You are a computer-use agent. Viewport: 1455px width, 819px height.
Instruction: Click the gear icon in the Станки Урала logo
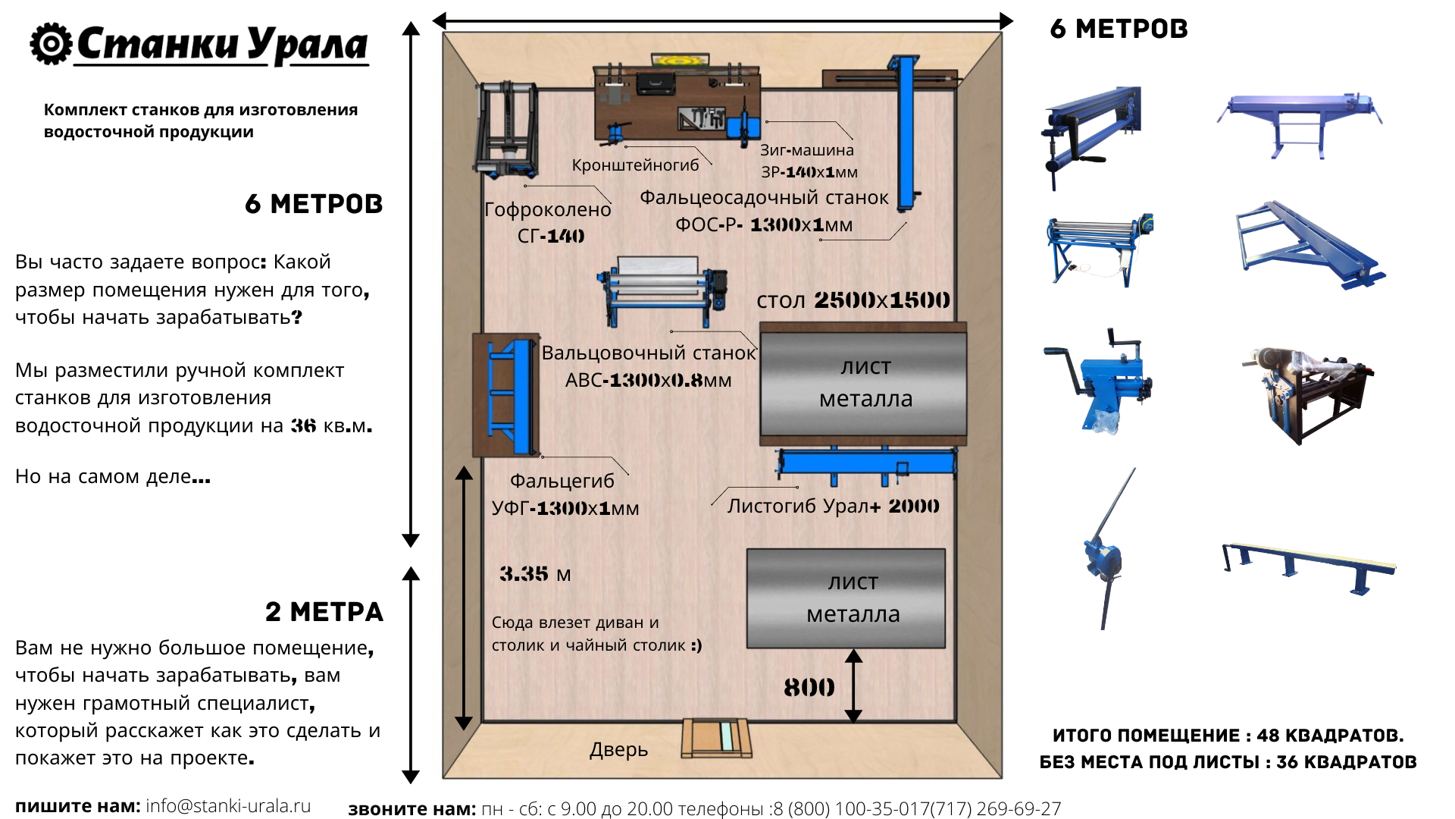click(51, 44)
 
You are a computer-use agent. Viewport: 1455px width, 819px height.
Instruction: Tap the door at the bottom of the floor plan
click(716, 738)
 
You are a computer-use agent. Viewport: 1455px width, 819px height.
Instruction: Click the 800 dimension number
click(809, 688)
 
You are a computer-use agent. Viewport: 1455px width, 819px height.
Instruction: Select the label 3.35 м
click(535, 574)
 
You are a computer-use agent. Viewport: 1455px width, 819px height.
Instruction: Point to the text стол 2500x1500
click(853, 300)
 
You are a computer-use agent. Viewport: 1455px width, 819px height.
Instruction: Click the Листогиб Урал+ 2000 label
click(833, 506)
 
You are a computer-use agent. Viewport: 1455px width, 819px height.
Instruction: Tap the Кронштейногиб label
click(635, 165)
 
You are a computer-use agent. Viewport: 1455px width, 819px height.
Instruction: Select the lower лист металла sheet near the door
click(846, 598)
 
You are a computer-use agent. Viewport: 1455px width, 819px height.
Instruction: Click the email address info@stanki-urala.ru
click(228, 805)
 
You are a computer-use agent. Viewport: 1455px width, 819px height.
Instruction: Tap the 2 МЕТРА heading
click(324, 612)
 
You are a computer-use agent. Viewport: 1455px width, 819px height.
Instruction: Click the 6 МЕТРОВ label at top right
click(1119, 29)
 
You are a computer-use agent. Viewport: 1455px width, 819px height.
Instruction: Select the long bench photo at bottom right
click(1309, 568)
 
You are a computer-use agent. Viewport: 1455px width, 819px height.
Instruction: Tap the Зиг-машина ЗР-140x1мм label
click(808, 161)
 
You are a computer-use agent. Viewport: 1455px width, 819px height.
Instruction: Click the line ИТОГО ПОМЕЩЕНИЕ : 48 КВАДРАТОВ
click(1228, 736)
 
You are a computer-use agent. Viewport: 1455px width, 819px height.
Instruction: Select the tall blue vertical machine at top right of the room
click(906, 133)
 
